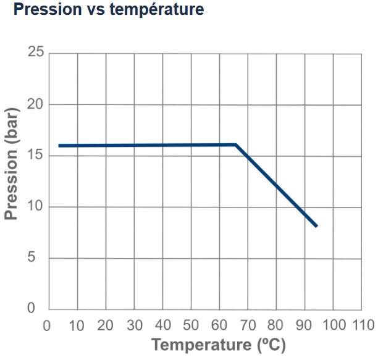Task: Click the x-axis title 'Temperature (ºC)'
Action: pyautogui.click(x=219, y=344)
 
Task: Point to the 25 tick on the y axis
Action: pyautogui.click(x=36, y=52)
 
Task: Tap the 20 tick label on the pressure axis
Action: pyautogui.click(x=36, y=104)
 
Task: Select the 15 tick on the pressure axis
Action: pyautogui.click(x=36, y=155)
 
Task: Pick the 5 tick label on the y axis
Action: pyautogui.click(x=39, y=257)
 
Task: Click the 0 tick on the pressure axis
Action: pyautogui.click(x=40, y=308)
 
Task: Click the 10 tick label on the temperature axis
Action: pyautogui.click(x=76, y=325)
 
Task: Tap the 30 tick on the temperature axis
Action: pyautogui.click(x=134, y=325)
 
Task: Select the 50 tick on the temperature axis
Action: pyautogui.click(x=191, y=325)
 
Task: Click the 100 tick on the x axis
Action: pyautogui.click(x=334, y=325)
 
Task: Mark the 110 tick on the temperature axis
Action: pyautogui.click(x=363, y=325)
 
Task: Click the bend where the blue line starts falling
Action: pyautogui.click(x=236, y=145)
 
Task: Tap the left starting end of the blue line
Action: pyautogui.click(x=60, y=146)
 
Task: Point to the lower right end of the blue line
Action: pyautogui.click(x=316, y=226)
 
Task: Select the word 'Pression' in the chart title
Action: pyautogui.click(x=41, y=10)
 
